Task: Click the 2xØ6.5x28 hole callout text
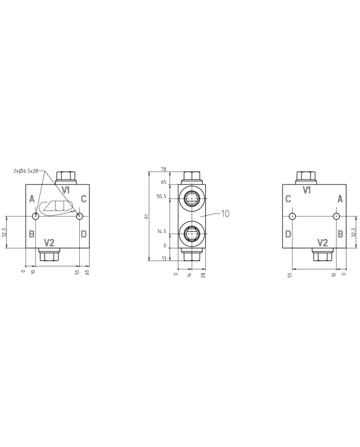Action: coord(26,171)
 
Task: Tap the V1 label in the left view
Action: coord(66,190)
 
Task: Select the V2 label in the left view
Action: coord(49,242)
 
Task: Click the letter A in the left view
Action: coord(32,199)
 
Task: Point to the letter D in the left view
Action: coord(83,234)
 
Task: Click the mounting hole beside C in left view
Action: coord(79,216)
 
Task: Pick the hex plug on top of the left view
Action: coord(66,177)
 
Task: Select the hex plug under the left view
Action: coord(49,254)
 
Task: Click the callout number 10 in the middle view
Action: coord(225,213)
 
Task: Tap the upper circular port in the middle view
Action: coord(192,197)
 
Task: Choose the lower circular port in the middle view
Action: coord(192,235)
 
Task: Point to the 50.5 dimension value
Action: coord(162,196)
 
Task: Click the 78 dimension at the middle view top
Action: coord(164,169)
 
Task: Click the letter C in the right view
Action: coord(288,199)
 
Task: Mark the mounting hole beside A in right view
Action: coord(337,216)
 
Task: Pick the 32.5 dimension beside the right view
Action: coord(353,233)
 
